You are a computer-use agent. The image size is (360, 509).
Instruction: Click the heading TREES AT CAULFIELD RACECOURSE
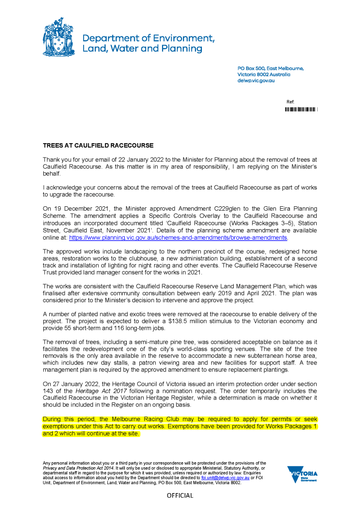coord(98,146)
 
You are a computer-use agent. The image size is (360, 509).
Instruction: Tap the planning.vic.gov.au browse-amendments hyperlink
coord(178,238)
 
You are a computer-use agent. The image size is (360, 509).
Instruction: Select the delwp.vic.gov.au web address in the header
coord(256,80)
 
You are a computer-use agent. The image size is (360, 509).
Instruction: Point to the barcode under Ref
coord(301,109)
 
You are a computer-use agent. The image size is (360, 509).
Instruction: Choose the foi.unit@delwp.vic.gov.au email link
coord(226,477)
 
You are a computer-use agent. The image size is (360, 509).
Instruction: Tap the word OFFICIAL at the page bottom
coord(180,496)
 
